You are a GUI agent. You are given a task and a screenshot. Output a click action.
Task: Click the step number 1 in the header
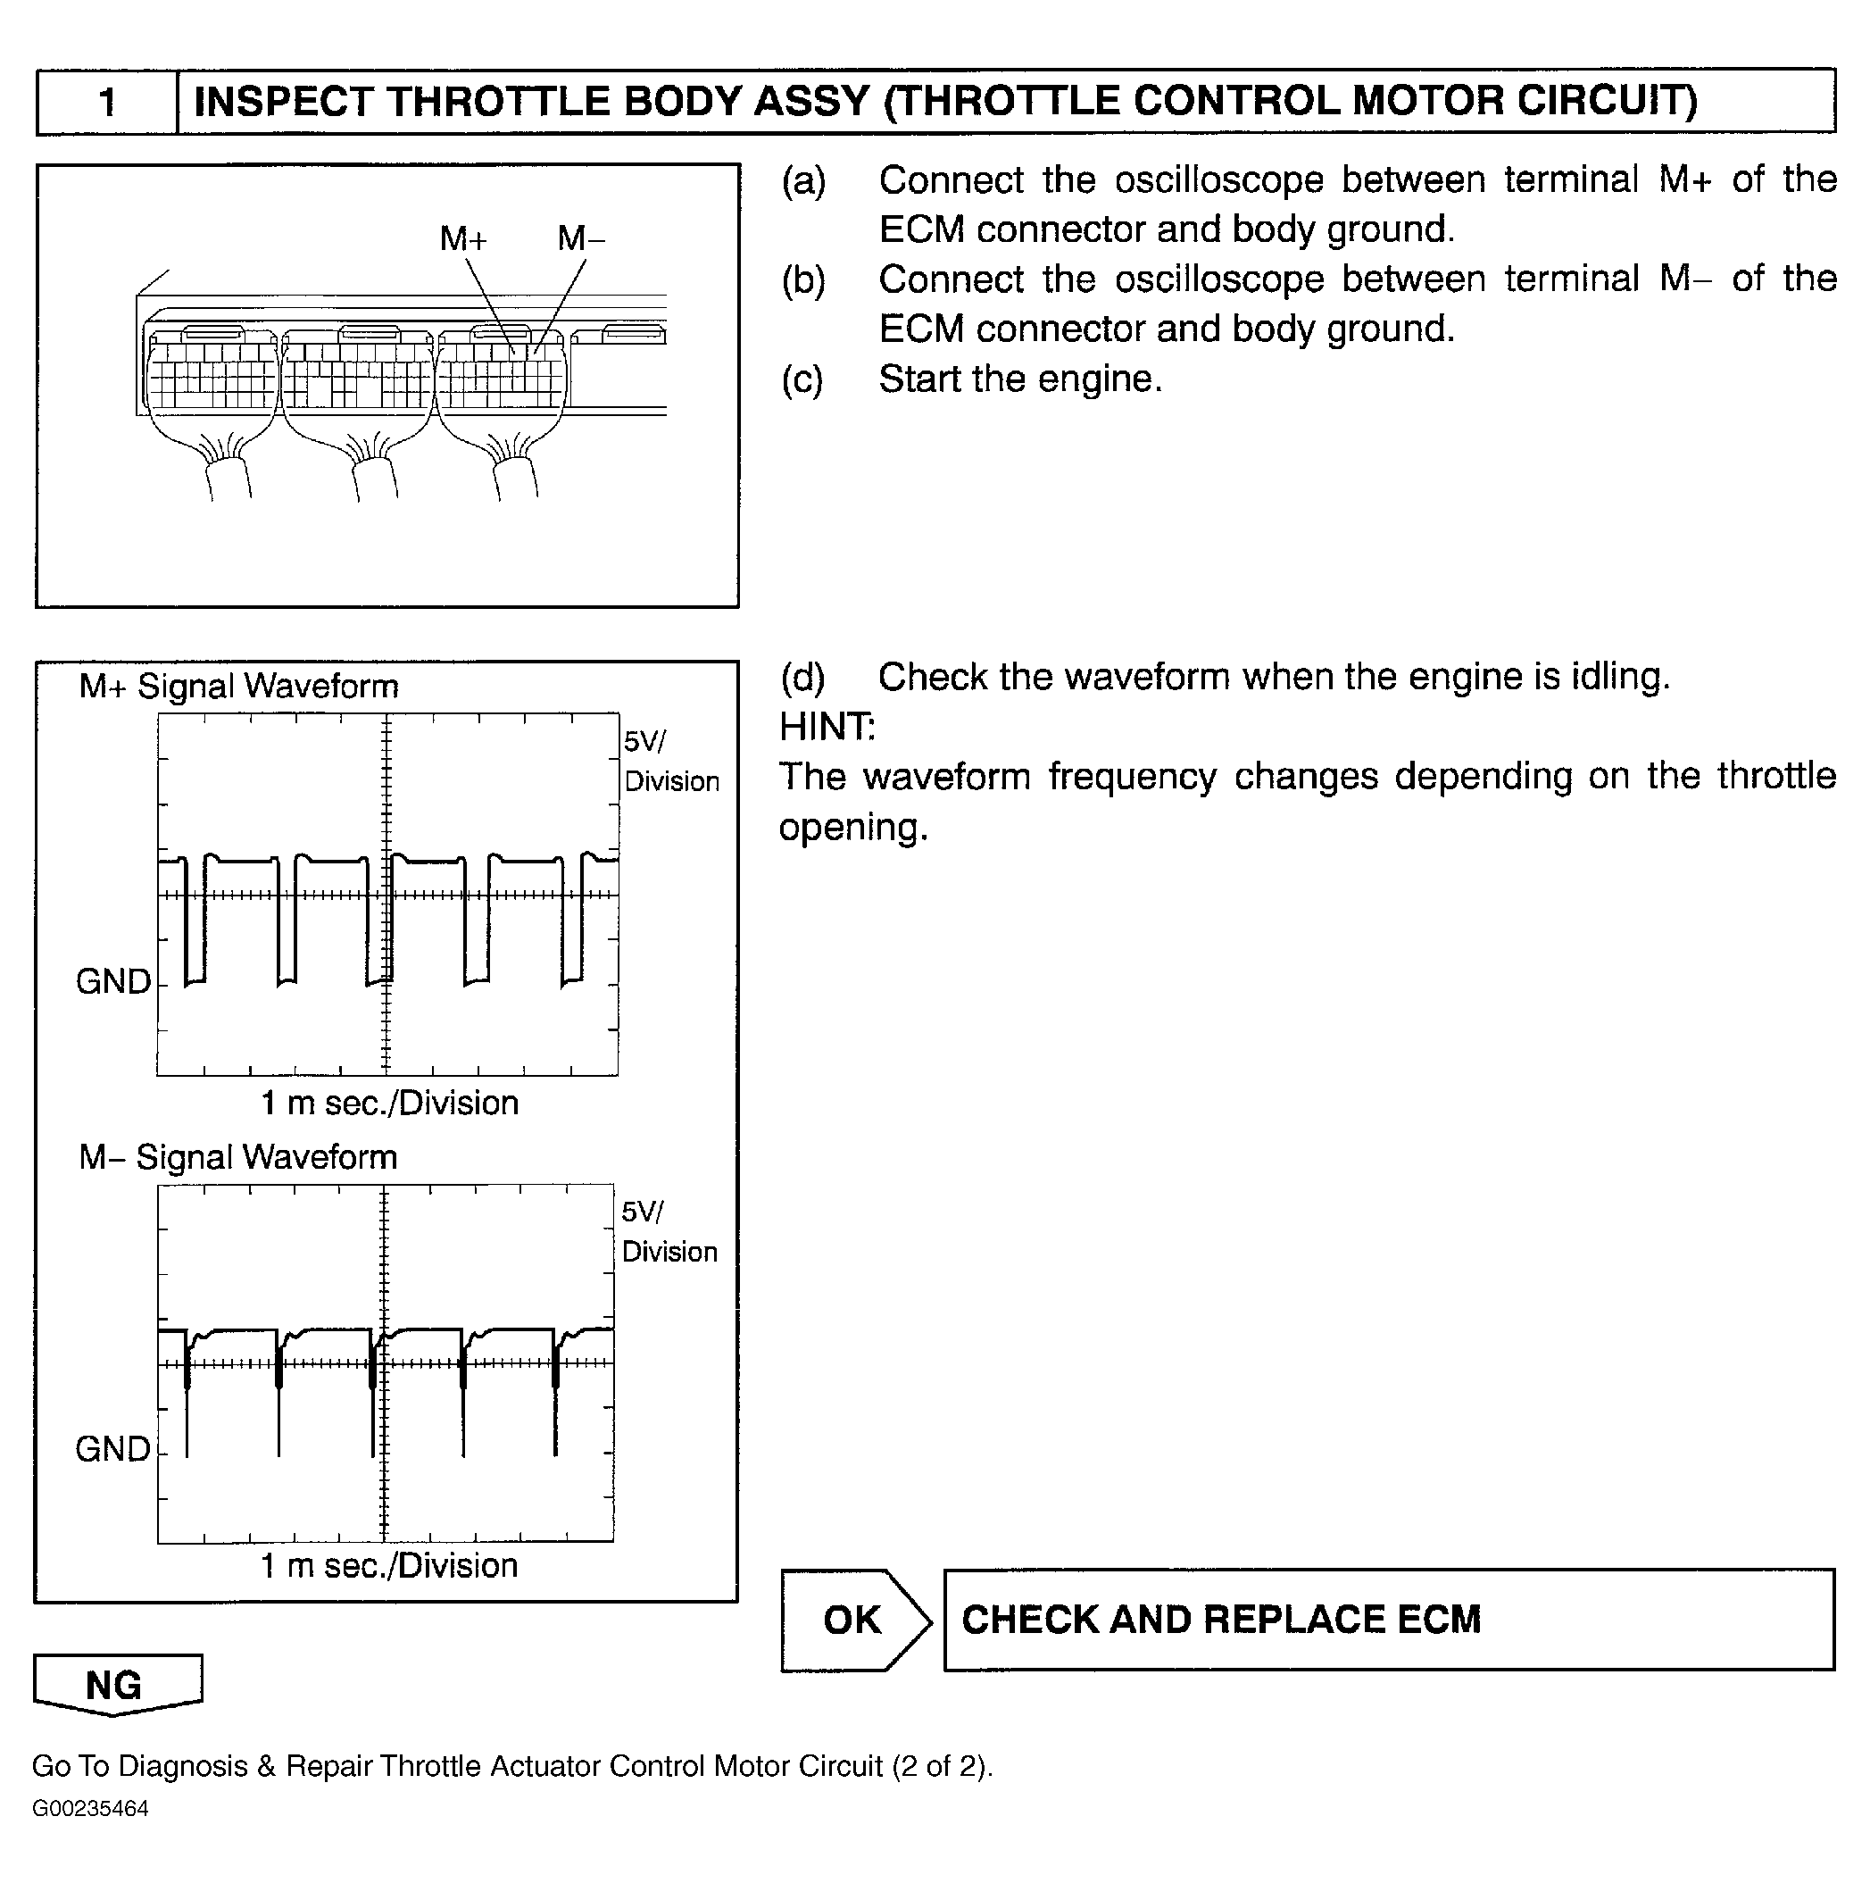[x=107, y=102]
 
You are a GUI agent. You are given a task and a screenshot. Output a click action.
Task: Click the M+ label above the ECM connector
[x=463, y=237]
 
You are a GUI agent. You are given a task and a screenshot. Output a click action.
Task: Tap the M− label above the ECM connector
[x=581, y=237]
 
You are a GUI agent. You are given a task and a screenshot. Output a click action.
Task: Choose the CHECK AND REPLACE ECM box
[x=1388, y=1620]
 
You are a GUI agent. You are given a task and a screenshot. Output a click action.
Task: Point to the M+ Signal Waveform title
[x=238, y=686]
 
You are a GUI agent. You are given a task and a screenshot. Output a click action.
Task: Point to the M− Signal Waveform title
[x=238, y=1157]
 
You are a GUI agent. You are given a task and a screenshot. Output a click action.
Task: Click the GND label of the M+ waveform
[x=113, y=981]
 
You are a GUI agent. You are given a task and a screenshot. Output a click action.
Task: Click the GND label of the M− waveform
[x=113, y=1449]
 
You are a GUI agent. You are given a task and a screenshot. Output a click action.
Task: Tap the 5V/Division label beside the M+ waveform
[x=670, y=762]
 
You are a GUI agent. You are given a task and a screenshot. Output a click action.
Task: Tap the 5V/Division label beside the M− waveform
[x=669, y=1232]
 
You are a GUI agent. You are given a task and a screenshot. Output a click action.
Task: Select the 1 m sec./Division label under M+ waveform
[x=389, y=1104]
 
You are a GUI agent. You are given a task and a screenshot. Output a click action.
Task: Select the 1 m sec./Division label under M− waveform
[x=389, y=1566]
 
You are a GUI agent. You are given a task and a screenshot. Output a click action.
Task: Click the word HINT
[x=827, y=727]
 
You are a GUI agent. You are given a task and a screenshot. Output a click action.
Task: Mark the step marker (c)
[x=802, y=379]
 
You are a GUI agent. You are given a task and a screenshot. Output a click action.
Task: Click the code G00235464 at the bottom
[x=91, y=1809]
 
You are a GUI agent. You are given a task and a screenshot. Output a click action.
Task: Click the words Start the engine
[x=1020, y=379]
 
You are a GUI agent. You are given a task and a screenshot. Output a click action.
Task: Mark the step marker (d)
[x=802, y=678]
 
